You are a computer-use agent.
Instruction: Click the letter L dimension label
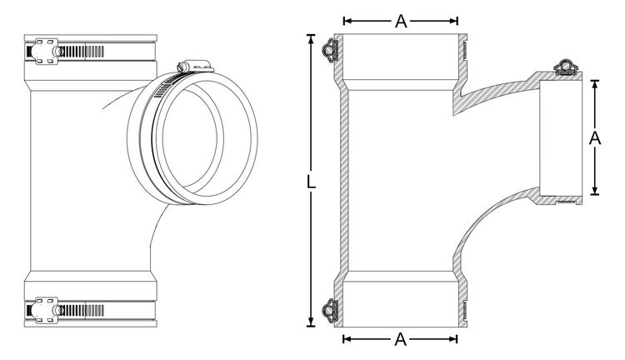(x=312, y=182)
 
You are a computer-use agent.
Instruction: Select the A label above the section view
(x=401, y=21)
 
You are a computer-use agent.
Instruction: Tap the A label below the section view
(x=401, y=339)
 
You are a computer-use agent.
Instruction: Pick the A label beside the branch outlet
(x=595, y=138)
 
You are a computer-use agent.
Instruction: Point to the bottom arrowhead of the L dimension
(x=311, y=322)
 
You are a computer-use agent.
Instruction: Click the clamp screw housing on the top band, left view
(x=45, y=51)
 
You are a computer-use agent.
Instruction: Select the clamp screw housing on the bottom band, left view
(x=45, y=310)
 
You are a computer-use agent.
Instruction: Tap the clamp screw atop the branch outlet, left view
(x=193, y=66)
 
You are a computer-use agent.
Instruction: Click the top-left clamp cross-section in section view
(x=330, y=51)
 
